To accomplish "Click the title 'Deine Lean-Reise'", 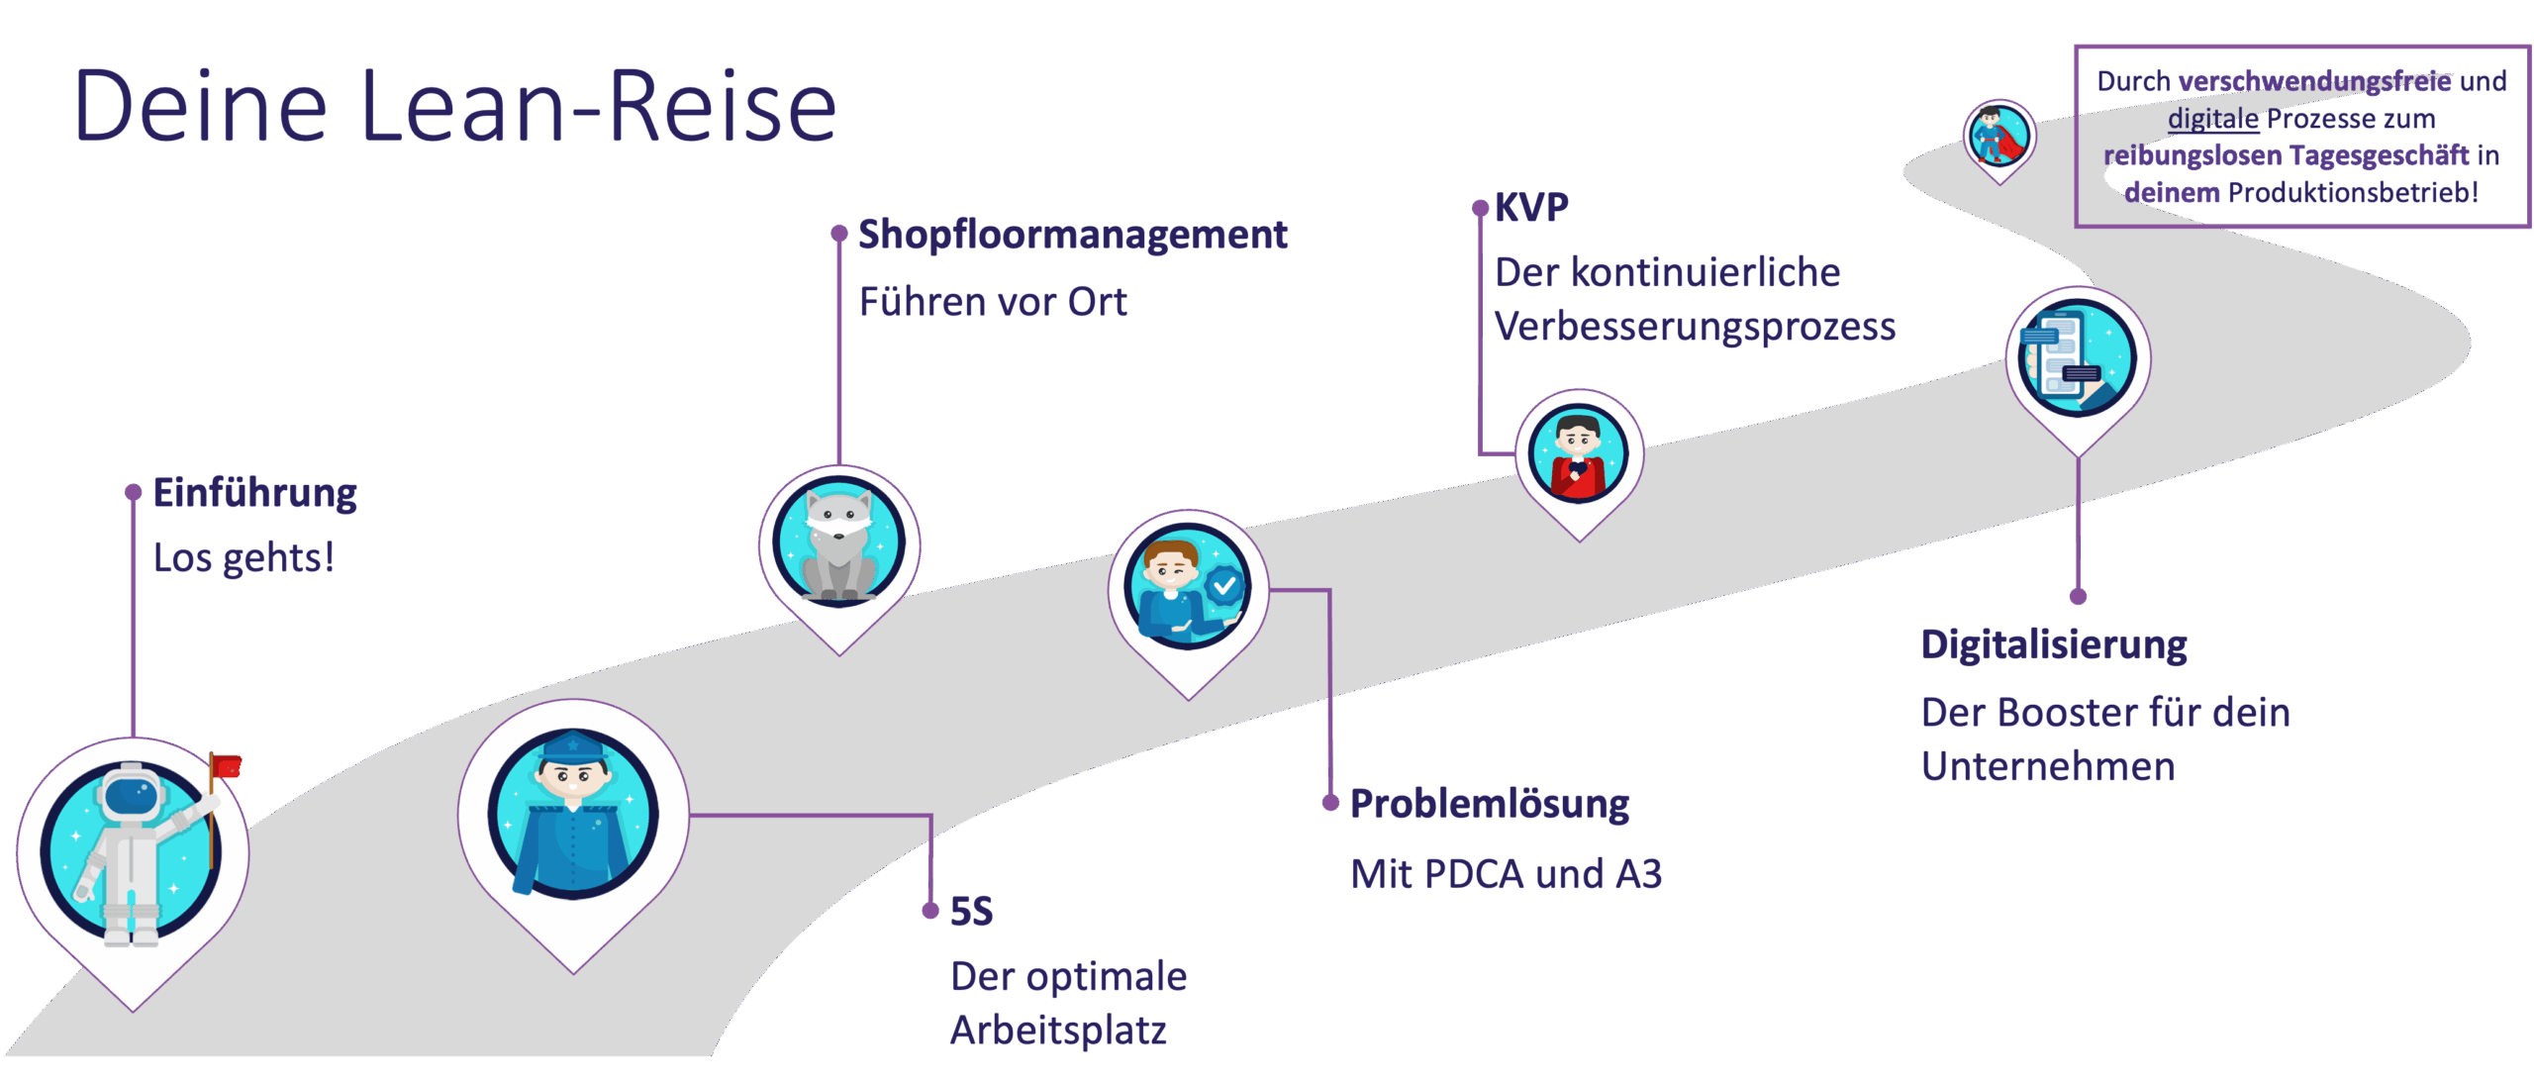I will (455, 107).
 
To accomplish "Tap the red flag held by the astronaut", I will (228, 765).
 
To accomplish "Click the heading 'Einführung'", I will (254, 493).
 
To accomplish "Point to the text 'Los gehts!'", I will (244, 557).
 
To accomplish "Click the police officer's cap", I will (573, 747).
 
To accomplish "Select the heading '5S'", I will (971, 911).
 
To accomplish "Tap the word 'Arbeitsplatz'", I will (1058, 1031).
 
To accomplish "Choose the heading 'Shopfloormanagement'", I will (1072, 235).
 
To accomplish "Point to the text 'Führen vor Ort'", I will (993, 302).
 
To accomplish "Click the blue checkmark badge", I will (1224, 586).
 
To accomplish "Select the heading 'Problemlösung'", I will (1489, 804).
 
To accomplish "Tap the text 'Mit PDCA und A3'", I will (1506, 874).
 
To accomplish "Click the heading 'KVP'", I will (1531, 207).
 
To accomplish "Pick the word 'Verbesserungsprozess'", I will (1695, 327).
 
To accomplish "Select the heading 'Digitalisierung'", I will (2054, 644).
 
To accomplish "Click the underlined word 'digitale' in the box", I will (2213, 119).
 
